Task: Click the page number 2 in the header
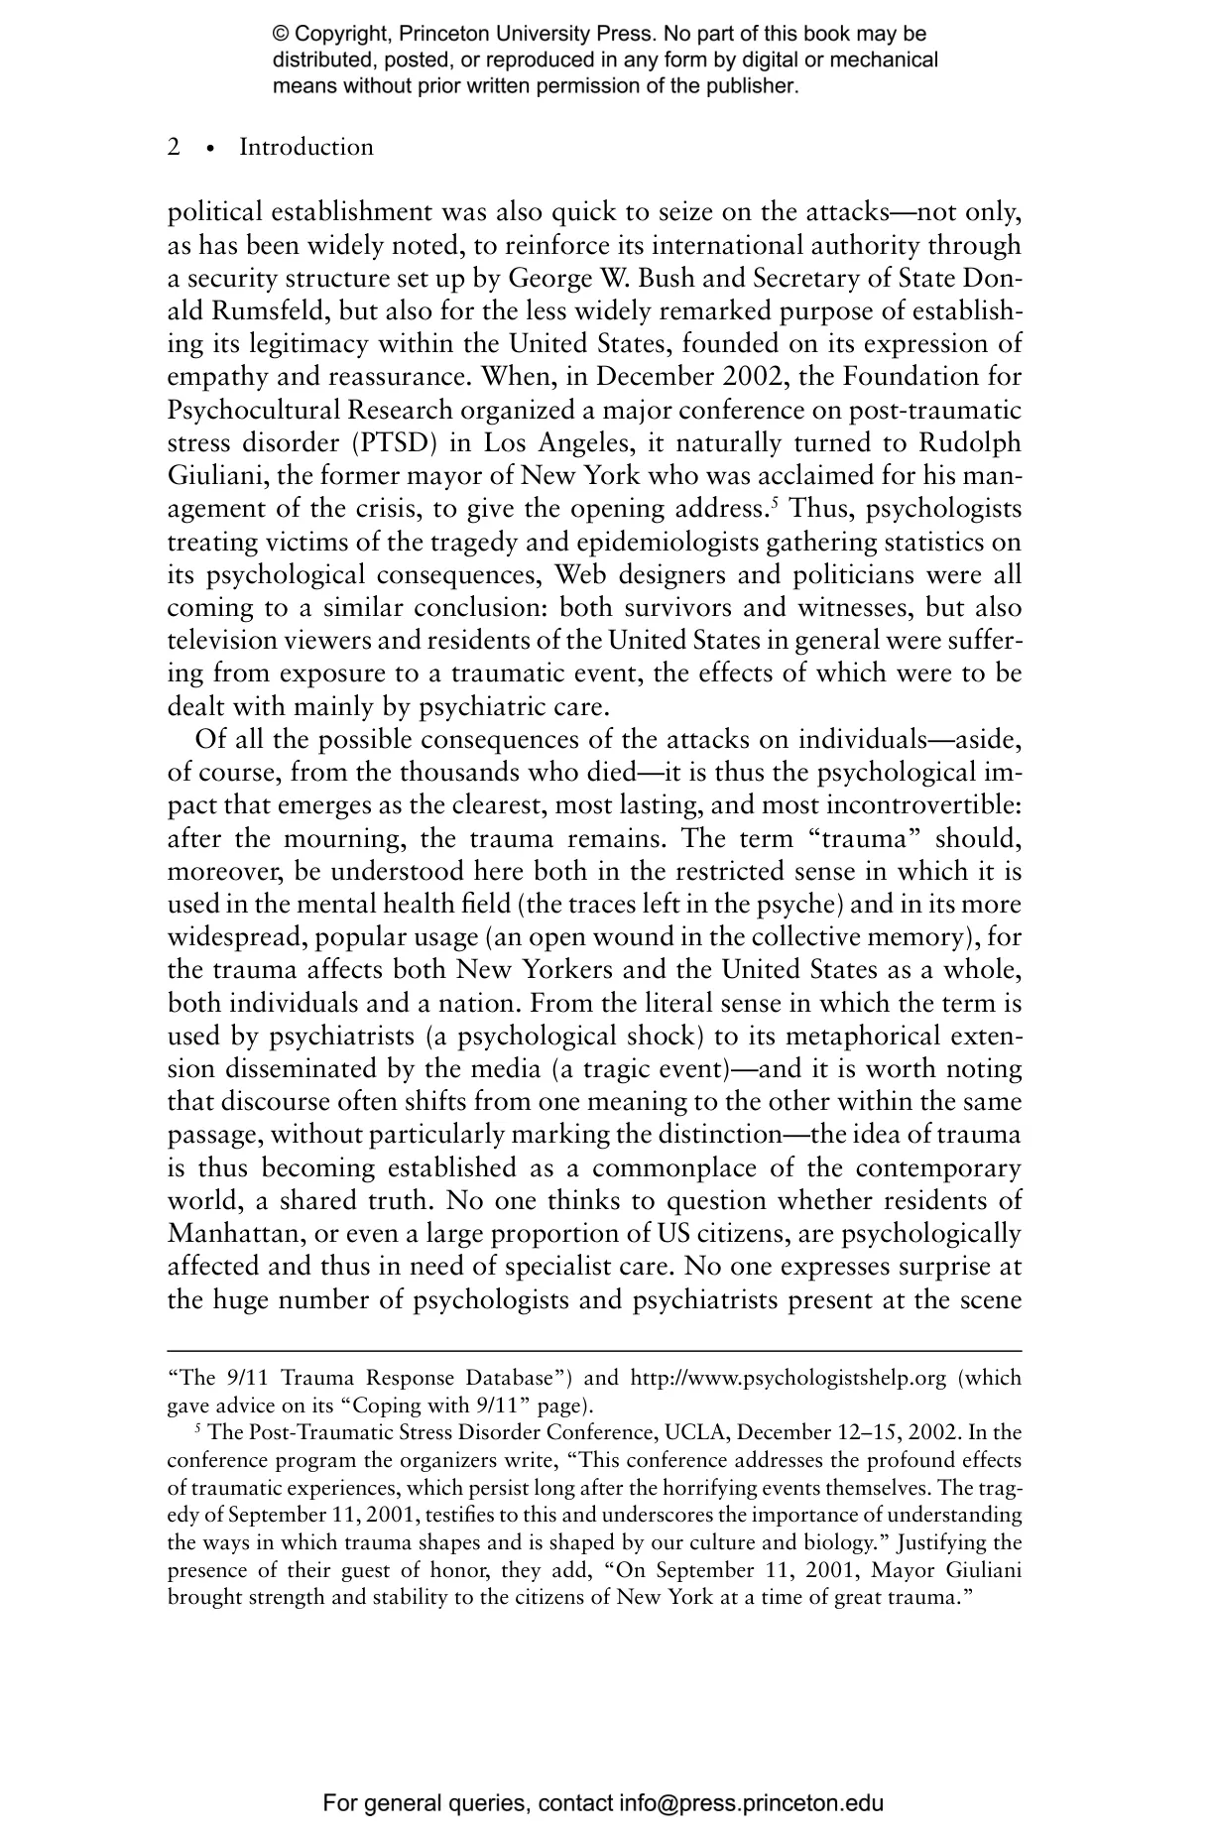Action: (x=174, y=148)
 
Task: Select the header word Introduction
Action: (x=306, y=148)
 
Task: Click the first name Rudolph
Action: (x=968, y=442)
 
